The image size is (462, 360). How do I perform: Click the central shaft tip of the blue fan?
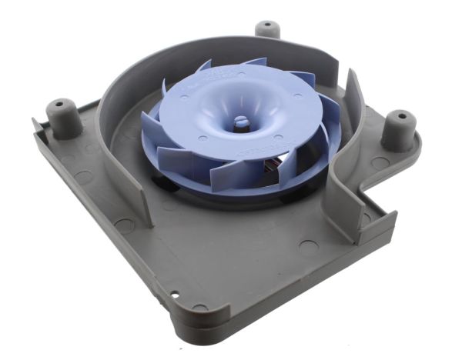[241, 121]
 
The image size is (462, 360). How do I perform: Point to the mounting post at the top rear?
[267, 30]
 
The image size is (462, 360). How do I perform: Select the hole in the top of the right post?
[400, 116]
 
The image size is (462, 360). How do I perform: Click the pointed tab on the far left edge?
[35, 123]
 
